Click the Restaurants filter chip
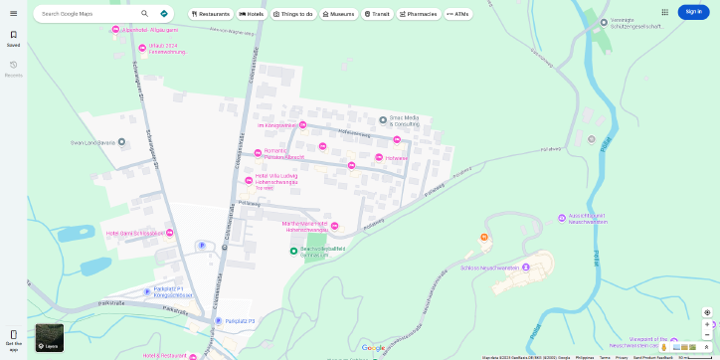[x=209, y=14]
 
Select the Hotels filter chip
[x=252, y=14]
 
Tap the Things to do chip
[x=291, y=14]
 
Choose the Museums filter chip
[x=338, y=14]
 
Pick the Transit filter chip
[x=377, y=14]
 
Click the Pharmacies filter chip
[x=419, y=14]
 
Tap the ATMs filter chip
[x=458, y=14]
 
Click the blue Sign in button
[x=693, y=12]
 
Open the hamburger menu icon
[x=13, y=13]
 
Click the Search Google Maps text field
[x=88, y=14]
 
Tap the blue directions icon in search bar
[x=164, y=14]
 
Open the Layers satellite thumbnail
[x=50, y=338]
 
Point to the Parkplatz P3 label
[x=240, y=321]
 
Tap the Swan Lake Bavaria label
[x=92, y=142]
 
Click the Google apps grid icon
[x=664, y=12]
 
